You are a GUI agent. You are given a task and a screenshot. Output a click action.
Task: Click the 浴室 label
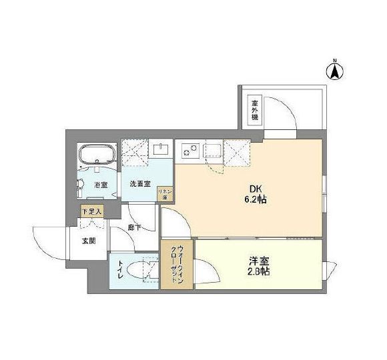101,185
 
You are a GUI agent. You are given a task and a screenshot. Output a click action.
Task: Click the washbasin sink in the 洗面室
160,149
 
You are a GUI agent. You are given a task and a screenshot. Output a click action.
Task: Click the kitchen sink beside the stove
214,149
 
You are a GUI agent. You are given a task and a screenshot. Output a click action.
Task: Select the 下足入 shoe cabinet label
91,211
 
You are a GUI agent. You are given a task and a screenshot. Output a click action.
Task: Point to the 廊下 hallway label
133,227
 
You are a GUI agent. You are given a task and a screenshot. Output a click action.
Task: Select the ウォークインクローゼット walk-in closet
177,264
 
